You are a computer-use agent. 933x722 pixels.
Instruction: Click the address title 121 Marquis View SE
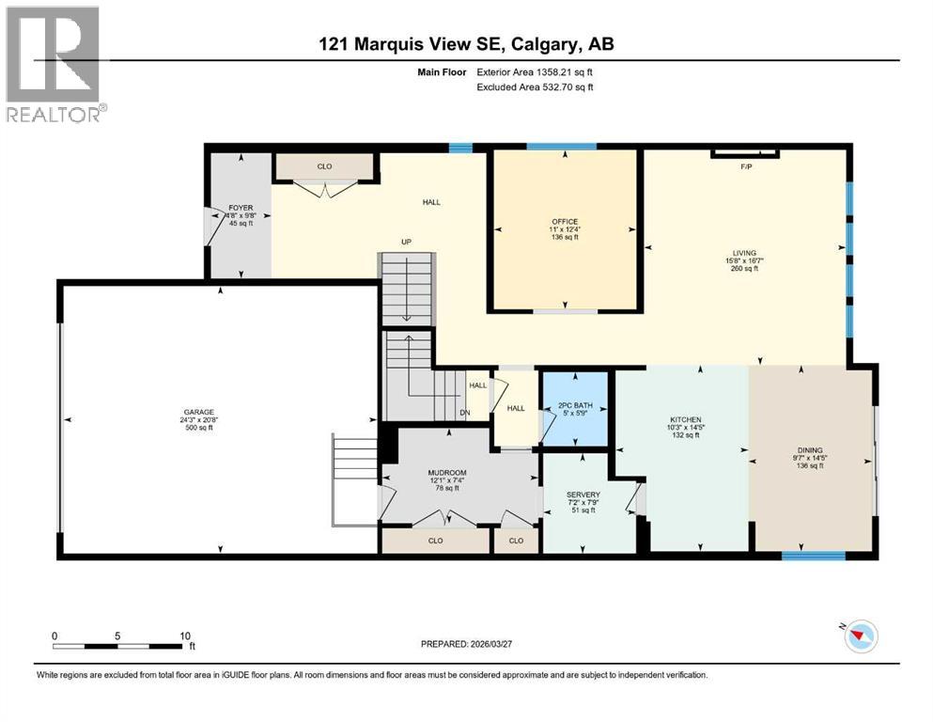[x=466, y=43]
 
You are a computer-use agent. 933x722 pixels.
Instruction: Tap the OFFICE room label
[x=565, y=222]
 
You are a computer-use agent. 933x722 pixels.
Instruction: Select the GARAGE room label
[x=199, y=412]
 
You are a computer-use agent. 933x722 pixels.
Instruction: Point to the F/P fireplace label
[x=747, y=167]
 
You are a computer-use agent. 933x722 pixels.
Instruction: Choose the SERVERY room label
[x=583, y=494]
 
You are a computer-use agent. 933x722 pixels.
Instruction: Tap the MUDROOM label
[x=447, y=472]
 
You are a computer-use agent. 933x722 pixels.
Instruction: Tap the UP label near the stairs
[x=407, y=242]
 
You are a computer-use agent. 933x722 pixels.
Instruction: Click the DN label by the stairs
[x=463, y=411]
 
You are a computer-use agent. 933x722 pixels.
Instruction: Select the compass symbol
[x=859, y=637]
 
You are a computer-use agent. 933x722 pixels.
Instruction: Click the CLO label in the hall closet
[x=324, y=166]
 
